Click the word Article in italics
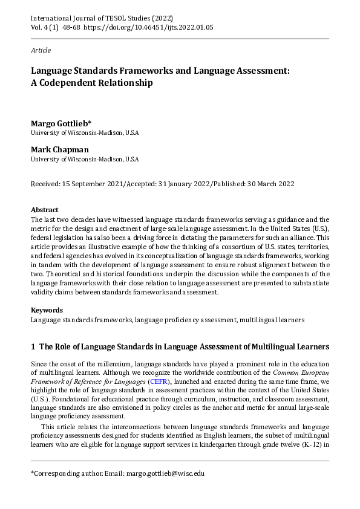pyautogui.click(x=41, y=50)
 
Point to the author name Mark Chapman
pyautogui.click(x=59, y=149)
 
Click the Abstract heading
pyautogui.click(x=44, y=209)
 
